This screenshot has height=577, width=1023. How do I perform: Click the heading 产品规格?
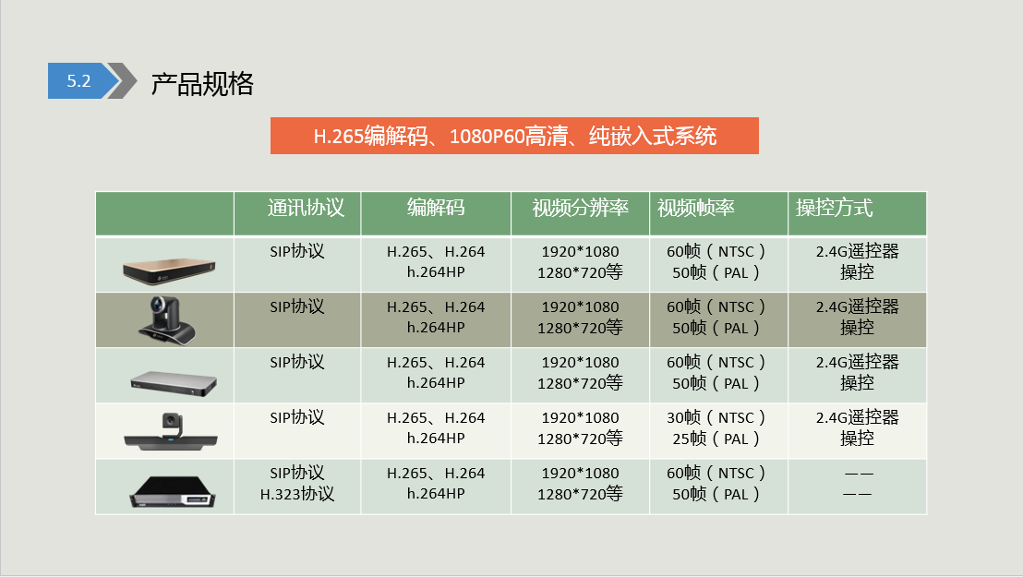coord(202,83)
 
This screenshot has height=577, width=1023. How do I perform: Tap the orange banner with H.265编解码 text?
coord(514,136)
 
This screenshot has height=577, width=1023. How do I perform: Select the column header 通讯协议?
coord(306,208)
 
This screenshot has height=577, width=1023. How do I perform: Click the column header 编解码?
coord(436,208)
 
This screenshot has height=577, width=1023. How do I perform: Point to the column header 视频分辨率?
coord(580,208)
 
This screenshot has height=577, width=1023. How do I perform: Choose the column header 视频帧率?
coord(695,208)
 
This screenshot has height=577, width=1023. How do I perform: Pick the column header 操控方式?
coord(834,208)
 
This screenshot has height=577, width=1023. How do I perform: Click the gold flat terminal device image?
coord(169,270)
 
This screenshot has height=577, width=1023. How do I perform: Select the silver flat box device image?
coord(174,383)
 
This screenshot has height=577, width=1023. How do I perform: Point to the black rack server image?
coord(173,492)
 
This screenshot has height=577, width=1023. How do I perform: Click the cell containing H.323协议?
coord(297,484)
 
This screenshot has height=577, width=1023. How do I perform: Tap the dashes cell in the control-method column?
coord(858,484)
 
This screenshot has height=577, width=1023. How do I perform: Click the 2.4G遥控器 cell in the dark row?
coord(858,318)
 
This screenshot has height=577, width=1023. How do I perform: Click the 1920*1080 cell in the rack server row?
coord(580,484)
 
